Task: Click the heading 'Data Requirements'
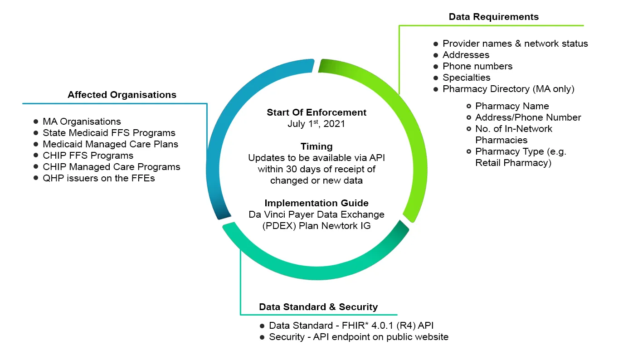click(x=493, y=17)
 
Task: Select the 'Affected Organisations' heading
click(x=122, y=95)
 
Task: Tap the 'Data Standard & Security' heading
click(x=318, y=307)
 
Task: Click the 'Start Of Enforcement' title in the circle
click(x=316, y=112)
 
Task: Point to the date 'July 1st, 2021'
click(x=316, y=124)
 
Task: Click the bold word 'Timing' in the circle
click(x=316, y=146)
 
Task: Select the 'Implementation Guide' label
click(x=316, y=203)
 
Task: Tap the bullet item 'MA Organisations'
click(x=82, y=122)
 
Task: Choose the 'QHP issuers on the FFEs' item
click(x=99, y=178)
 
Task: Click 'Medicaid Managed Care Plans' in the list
click(x=110, y=144)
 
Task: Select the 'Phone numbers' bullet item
click(x=477, y=66)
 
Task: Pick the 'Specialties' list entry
click(x=467, y=78)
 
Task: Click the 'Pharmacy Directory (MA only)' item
click(x=508, y=89)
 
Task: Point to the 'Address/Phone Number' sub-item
click(x=528, y=117)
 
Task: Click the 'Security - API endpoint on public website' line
click(x=358, y=337)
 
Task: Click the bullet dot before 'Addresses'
click(x=436, y=55)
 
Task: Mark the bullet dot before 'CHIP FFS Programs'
click(x=36, y=156)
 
